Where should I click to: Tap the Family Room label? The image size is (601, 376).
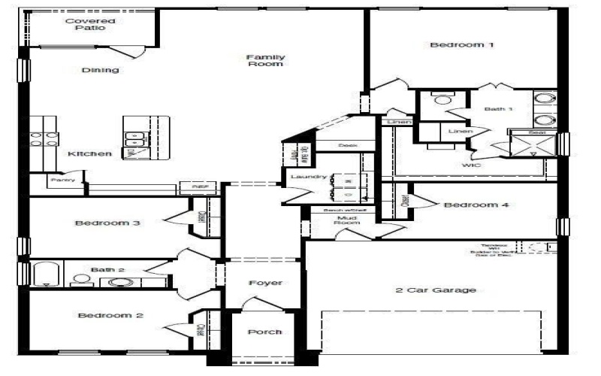pos(264,60)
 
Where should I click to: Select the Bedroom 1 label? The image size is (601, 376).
pos(462,45)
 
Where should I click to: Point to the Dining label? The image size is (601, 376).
pos(100,71)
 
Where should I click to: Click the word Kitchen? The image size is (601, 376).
pos(89,154)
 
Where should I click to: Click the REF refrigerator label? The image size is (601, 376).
pos(199,186)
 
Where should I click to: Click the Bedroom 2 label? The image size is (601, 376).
pos(110,315)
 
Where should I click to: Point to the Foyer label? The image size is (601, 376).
pos(265,283)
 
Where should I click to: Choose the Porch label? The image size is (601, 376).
pos(264,332)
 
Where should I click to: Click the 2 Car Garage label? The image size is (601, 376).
pos(436,290)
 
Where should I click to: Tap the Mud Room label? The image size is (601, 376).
pos(346,220)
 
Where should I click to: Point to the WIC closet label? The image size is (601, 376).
pos(472,164)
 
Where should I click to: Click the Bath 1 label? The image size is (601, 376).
pos(497,109)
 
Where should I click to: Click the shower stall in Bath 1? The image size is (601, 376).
pos(533,144)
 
